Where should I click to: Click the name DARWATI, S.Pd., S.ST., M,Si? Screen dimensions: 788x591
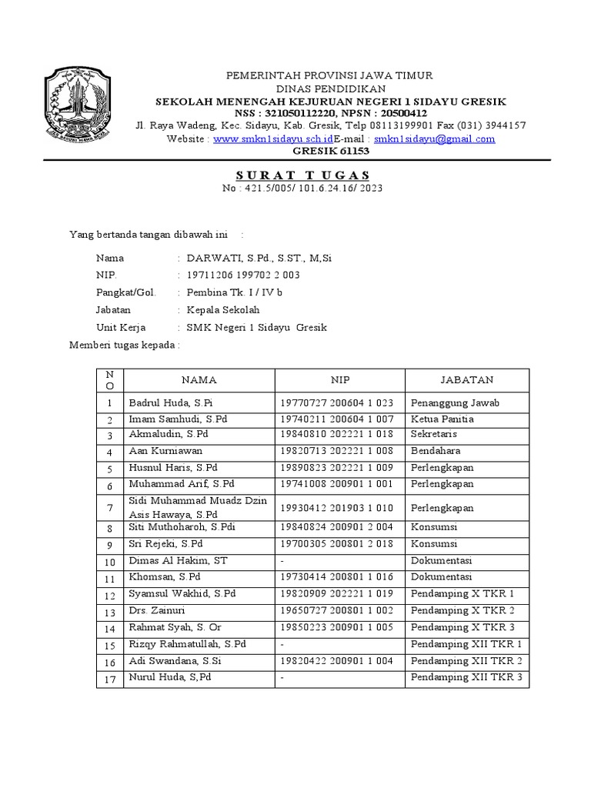[x=259, y=259]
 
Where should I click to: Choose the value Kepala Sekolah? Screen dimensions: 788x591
[x=223, y=310]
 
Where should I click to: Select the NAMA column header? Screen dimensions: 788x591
[x=199, y=380]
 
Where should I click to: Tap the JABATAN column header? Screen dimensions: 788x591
[x=466, y=380]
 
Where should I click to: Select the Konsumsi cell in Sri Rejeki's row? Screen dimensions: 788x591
[x=435, y=544]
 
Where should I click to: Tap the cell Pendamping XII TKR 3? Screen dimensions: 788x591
[x=466, y=677]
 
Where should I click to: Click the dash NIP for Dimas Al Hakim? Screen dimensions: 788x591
[x=283, y=561]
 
